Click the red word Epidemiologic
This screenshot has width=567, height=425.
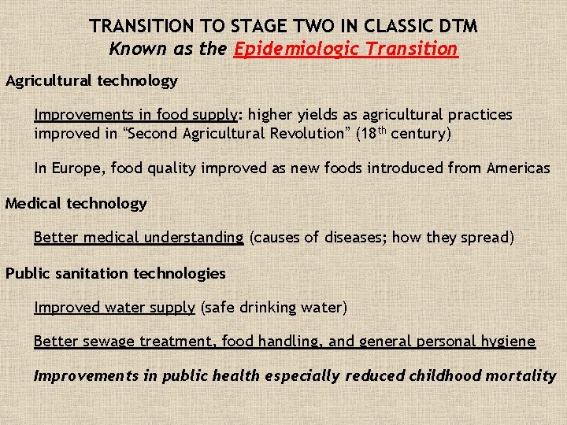point(289,49)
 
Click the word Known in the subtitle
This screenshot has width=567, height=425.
point(136,49)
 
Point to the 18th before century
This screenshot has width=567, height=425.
point(372,132)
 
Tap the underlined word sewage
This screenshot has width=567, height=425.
point(110,342)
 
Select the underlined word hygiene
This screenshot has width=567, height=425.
point(509,342)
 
